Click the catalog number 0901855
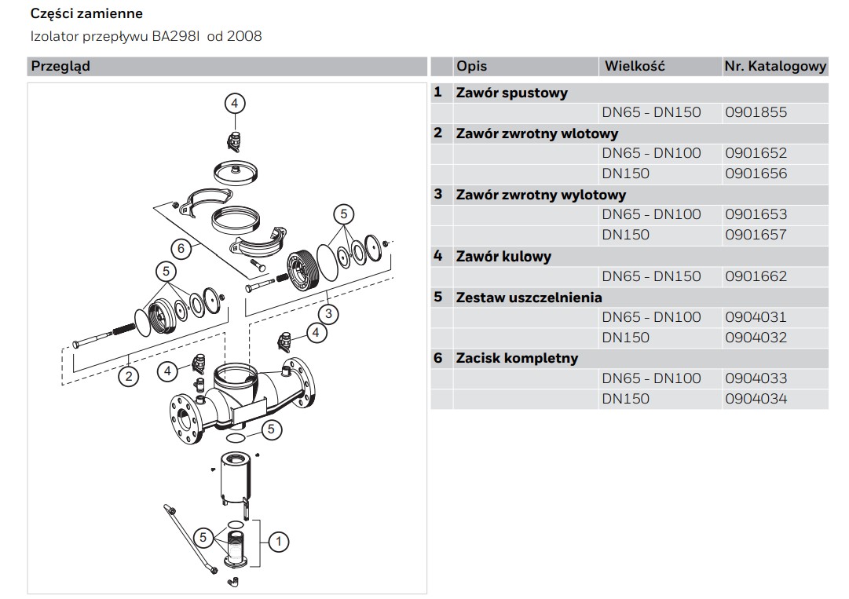pyautogui.click(x=756, y=112)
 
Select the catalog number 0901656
pyautogui.click(x=756, y=173)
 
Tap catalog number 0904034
pyautogui.click(x=756, y=399)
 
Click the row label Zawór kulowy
pyautogui.click(x=503, y=256)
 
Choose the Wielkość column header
pyautogui.click(x=634, y=66)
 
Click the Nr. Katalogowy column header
pyautogui.click(x=774, y=67)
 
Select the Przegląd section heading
pyautogui.click(x=60, y=66)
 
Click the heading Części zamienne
pyautogui.click(x=86, y=14)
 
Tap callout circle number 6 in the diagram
pyautogui.click(x=181, y=249)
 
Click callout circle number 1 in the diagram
pyautogui.click(x=279, y=540)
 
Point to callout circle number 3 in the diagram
pyautogui.click(x=328, y=314)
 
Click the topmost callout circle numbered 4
pyautogui.click(x=234, y=103)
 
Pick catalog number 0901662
pyautogui.click(x=756, y=276)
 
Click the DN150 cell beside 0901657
pyautogui.click(x=626, y=235)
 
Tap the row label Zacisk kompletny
pyautogui.click(x=517, y=358)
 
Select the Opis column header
pyautogui.click(x=471, y=66)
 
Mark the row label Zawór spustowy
pyautogui.click(x=511, y=93)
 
